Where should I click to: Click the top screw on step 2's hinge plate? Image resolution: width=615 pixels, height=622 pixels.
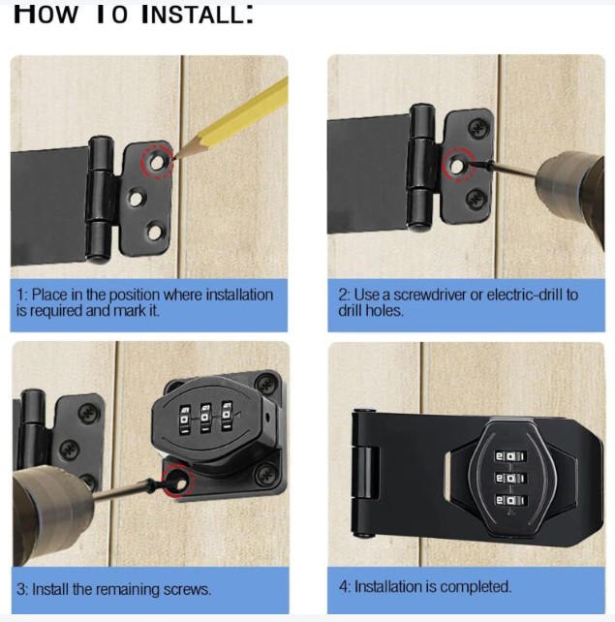pyautogui.click(x=476, y=127)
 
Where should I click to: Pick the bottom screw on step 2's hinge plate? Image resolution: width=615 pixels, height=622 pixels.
pyautogui.click(x=475, y=200)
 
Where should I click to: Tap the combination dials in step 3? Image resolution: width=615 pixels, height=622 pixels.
pyautogui.click(x=206, y=419)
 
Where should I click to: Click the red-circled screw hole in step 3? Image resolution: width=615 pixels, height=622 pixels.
pyautogui.click(x=177, y=478)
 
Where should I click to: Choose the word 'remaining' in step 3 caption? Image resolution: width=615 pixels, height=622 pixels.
pyautogui.click(x=131, y=589)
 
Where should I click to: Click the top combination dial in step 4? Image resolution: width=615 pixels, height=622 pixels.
pyautogui.click(x=507, y=456)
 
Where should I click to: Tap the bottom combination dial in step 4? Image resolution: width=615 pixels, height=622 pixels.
pyautogui.click(x=507, y=502)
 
